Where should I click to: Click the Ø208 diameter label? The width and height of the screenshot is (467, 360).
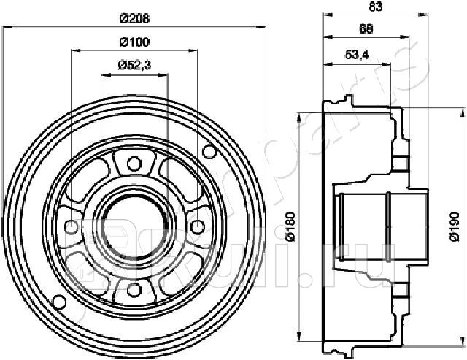(134, 17)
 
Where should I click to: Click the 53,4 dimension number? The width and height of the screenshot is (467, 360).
(355, 54)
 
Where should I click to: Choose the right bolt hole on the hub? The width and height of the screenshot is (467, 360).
(197, 226)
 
